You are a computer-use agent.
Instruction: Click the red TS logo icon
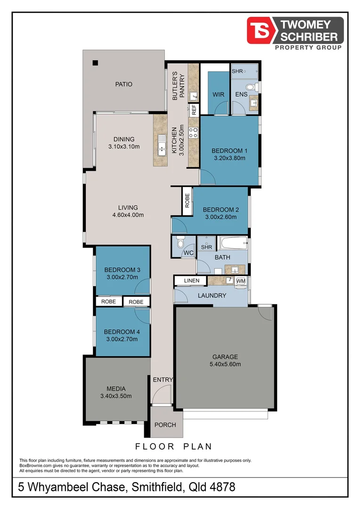(261, 31)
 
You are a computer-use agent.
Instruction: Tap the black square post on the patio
(95, 63)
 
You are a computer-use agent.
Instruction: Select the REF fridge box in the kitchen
(194, 109)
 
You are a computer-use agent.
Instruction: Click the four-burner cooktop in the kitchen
(194, 132)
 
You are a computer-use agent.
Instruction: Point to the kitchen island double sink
(162, 146)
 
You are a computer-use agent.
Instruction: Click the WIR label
(218, 94)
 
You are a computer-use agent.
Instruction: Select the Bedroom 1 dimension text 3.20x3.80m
(229, 158)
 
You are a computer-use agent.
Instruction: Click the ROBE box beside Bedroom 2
(188, 201)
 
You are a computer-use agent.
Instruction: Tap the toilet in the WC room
(180, 242)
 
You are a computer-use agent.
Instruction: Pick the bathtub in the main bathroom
(233, 243)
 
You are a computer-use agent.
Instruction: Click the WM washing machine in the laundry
(241, 281)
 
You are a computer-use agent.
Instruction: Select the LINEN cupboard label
(191, 280)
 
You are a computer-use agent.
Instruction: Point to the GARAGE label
(225, 357)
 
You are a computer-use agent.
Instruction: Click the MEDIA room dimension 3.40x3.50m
(116, 396)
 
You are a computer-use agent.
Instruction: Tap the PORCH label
(165, 425)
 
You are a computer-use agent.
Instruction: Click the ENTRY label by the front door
(163, 379)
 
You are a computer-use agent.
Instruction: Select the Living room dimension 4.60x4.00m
(128, 215)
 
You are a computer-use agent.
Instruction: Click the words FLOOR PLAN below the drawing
(173, 447)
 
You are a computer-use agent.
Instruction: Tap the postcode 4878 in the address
(222, 487)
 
